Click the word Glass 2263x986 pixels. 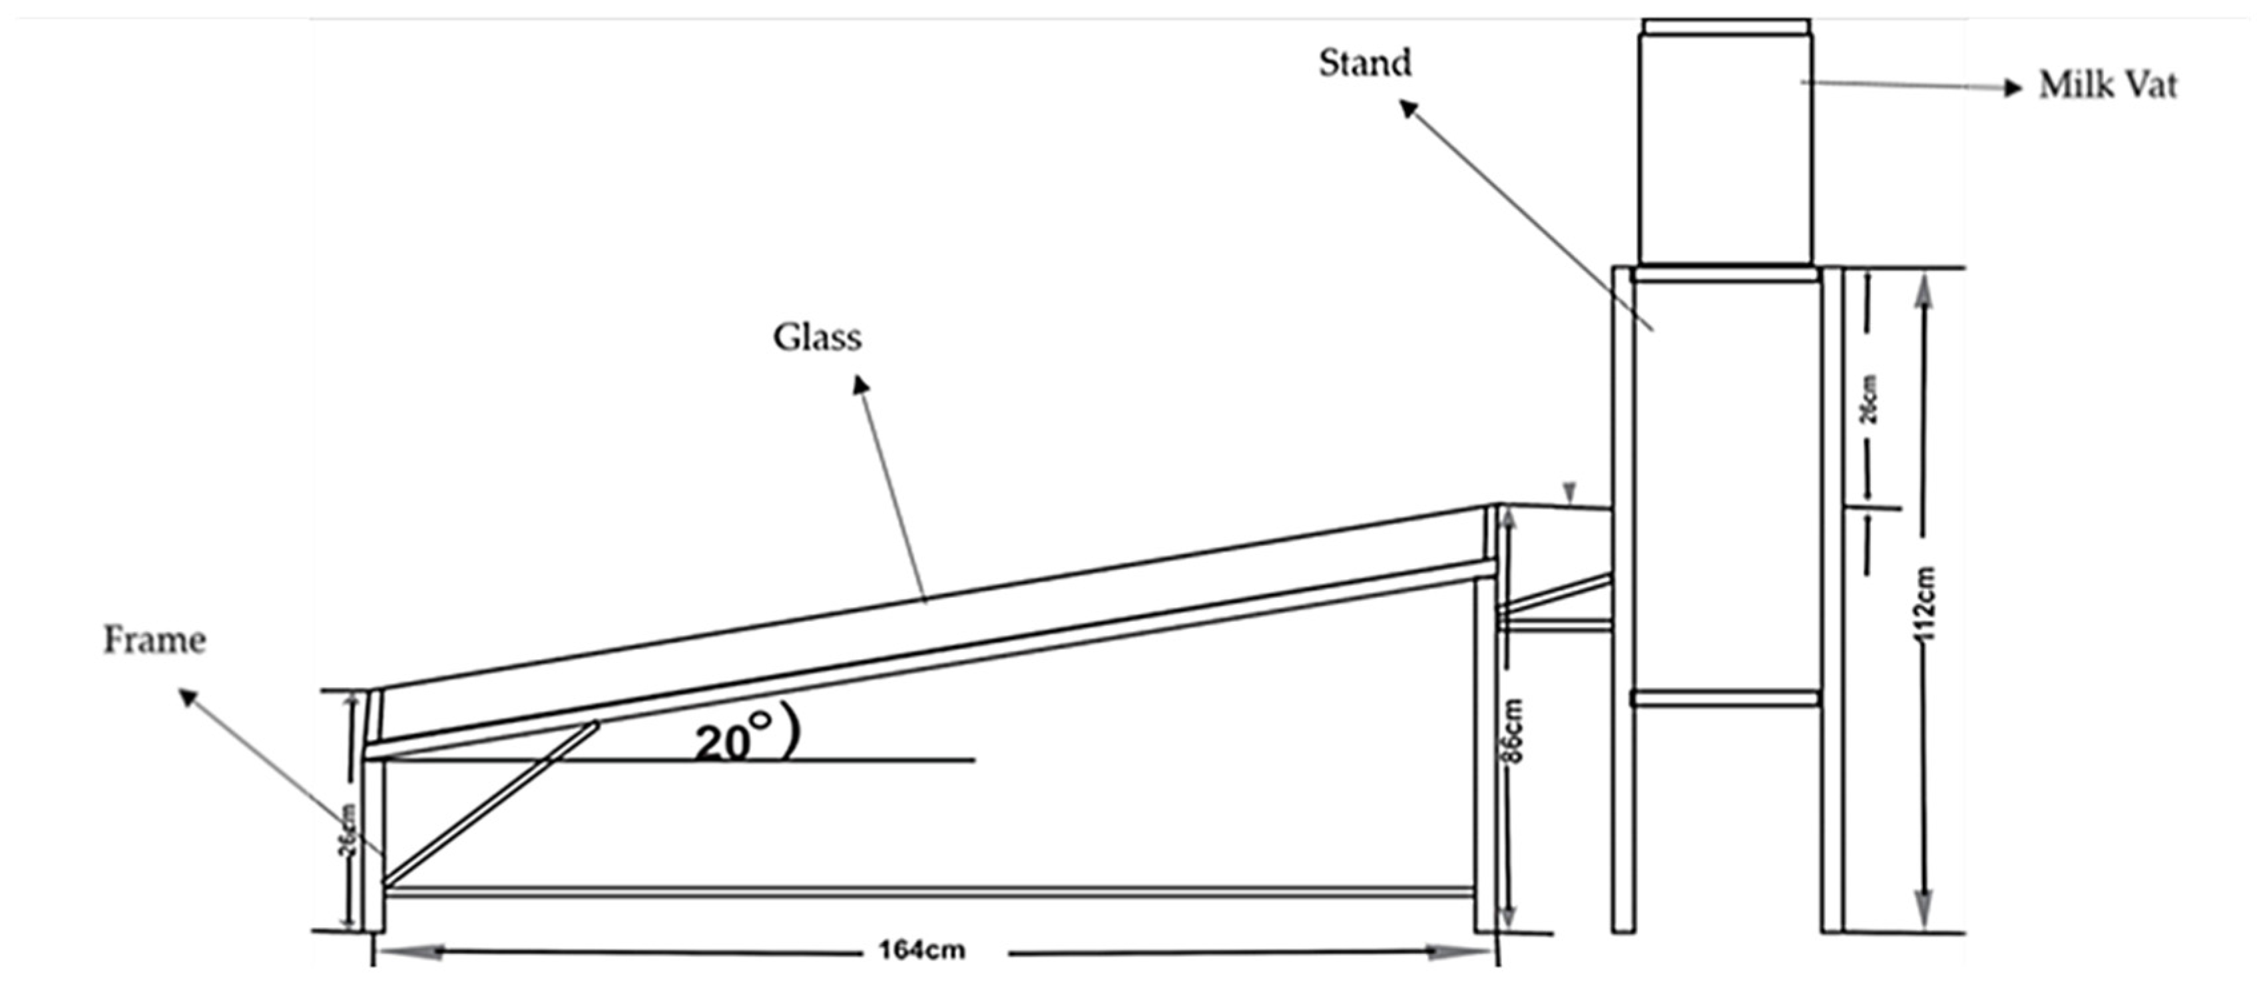(x=817, y=338)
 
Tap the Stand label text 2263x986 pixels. (x=1365, y=63)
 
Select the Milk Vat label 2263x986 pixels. (x=2107, y=85)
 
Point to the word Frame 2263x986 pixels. (x=154, y=640)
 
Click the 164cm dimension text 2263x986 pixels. (x=921, y=950)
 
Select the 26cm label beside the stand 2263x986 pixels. (x=1870, y=400)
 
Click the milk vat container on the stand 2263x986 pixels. (x=1725, y=145)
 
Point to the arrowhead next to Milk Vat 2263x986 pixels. (x=2013, y=87)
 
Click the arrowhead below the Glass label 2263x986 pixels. (x=862, y=385)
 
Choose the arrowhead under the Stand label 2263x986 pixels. (x=1408, y=108)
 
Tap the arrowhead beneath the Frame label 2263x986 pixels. (x=188, y=698)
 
